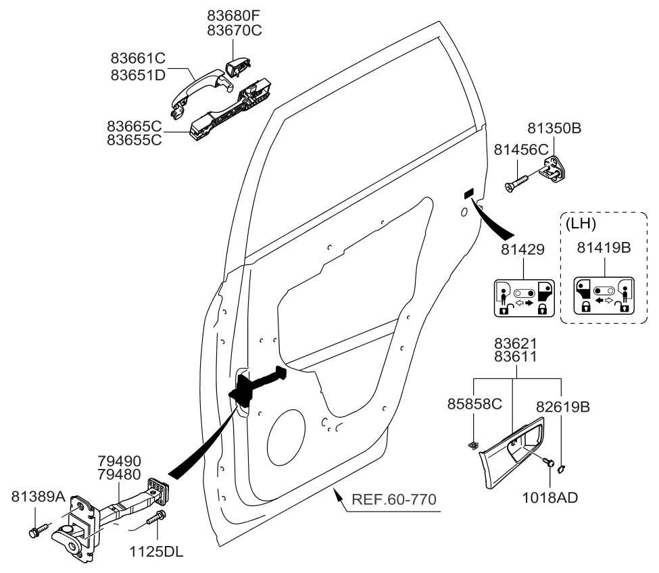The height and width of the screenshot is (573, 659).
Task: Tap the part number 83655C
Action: pos(132,141)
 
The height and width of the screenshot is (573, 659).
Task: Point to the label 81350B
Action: pos(554,128)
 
